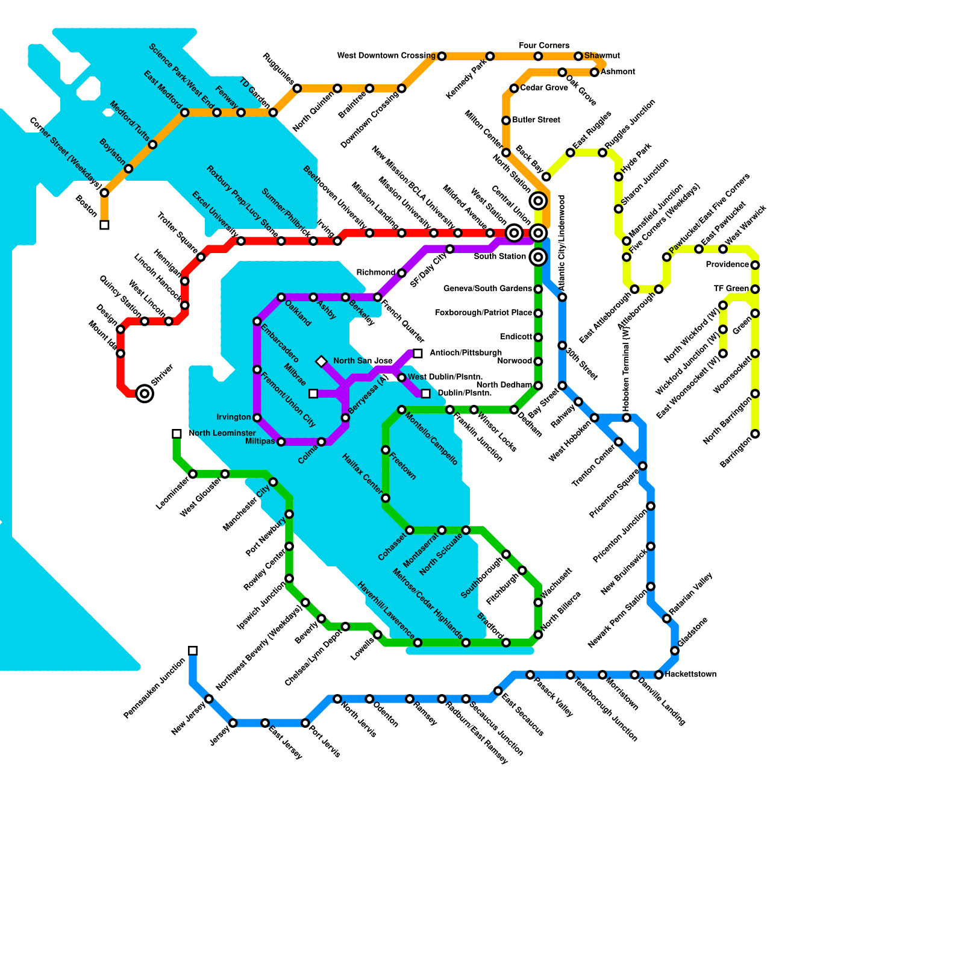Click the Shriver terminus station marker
tap(145, 394)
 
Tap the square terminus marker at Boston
tap(104, 225)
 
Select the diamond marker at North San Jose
tap(321, 361)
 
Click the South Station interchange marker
tap(539, 257)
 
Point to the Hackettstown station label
tap(690, 674)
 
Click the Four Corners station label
tap(543, 46)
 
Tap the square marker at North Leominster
tap(177, 434)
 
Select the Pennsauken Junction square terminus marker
tap(193, 651)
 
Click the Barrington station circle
tap(755, 434)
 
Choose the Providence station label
tap(727, 265)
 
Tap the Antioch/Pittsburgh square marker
tap(418, 354)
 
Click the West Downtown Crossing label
tap(386, 56)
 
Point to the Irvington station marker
tap(257, 418)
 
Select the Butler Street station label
tap(536, 120)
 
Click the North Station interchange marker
tap(539, 201)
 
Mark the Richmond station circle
tap(402, 274)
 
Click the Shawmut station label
tap(602, 56)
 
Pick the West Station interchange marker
tap(514, 233)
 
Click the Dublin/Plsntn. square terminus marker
tap(426, 394)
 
